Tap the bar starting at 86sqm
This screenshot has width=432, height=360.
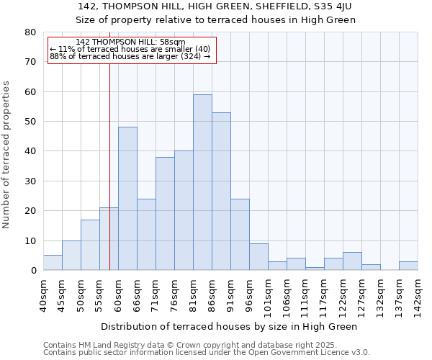click(221, 192)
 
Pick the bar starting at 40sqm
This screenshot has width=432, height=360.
click(53, 263)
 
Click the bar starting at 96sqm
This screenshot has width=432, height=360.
click(258, 257)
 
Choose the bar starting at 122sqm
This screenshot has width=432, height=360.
click(352, 261)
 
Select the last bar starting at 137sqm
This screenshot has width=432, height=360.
click(408, 266)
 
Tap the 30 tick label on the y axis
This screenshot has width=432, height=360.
click(30, 181)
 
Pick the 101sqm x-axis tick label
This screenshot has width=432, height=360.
click(268, 295)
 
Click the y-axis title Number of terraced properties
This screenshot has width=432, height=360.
click(6, 154)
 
